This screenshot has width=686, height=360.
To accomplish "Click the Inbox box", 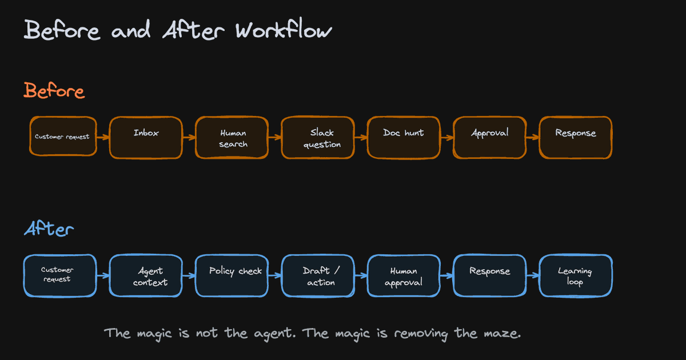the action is pyautogui.click(x=146, y=138).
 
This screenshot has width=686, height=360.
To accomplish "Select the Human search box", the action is pyautogui.click(x=232, y=138).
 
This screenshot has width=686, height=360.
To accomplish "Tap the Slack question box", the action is pyautogui.click(x=318, y=138).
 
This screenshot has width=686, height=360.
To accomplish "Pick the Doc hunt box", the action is pyautogui.click(x=404, y=138).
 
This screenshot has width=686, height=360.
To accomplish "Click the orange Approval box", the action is pyautogui.click(x=490, y=138).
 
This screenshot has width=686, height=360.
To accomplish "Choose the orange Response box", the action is pyautogui.click(x=576, y=138).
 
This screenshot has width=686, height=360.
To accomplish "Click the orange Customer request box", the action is pyautogui.click(x=63, y=136).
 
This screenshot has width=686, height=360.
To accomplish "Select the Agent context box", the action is pyautogui.click(x=146, y=275).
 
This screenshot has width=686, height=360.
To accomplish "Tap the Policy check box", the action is pyautogui.click(x=232, y=275).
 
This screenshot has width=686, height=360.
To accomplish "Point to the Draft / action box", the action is pyautogui.click(x=318, y=275).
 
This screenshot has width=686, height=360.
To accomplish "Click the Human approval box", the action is pyautogui.click(x=404, y=275).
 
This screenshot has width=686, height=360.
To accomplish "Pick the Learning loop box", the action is pyautogui.click(x=576, y=275).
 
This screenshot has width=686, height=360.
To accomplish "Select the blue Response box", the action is pyautogui.click(x=490, y=275).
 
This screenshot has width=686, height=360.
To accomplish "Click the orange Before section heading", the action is pyautogui.click(x=54, y=91).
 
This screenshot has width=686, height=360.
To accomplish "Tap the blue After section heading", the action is pyautogui.click(x=49, y=229).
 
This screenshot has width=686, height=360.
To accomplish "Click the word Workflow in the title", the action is pyautogui.click(x=284, y=29).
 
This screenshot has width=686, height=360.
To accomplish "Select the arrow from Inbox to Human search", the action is pyautogui.click(x=189, y=138).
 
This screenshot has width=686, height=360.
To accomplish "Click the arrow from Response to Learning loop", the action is pyautogui.click(x=533, y=275).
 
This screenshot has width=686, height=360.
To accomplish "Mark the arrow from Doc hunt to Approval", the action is pyautogui.click(x=447, y=138).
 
